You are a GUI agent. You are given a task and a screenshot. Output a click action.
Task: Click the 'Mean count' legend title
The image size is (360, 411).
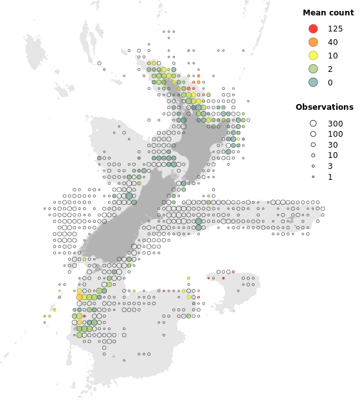click(x=324, y=13)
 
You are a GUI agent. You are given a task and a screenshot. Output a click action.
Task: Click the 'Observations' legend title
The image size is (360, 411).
click(x=324, y=107)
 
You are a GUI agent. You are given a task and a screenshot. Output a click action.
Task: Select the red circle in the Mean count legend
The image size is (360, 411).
click(x=313, y=29)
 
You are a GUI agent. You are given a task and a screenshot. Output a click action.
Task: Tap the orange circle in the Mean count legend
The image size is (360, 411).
click(x=313, y=42)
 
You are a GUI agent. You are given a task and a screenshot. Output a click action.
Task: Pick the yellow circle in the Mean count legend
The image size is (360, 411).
click(x=313, y=55)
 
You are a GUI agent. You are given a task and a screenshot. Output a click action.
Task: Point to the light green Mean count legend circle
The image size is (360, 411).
click(x=313, y=69)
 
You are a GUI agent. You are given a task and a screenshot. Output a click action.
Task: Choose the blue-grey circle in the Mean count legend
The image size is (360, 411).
click(x=313, y=82)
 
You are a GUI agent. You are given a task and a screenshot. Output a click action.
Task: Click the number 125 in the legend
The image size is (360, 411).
click(x=335, y=29)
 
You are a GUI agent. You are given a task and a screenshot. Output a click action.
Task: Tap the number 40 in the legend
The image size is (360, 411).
click(x=332, y=42)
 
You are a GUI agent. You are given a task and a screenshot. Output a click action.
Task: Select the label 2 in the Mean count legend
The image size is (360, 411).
click(x=330, y=69)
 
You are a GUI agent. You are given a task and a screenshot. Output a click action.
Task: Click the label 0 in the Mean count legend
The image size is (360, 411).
click(x=330, y=82)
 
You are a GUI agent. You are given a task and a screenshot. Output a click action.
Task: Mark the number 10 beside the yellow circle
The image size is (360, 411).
click(x=332, y=55)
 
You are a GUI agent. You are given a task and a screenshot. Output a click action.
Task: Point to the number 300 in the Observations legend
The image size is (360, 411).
click(x=335, y=123)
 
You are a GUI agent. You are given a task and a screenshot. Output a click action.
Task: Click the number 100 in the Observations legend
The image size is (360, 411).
click(x=335, y=134)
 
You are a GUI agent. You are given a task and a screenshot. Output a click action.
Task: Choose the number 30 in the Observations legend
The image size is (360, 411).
click(x=332, y=144)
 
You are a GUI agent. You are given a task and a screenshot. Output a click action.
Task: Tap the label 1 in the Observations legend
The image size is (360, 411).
click(x=330, y=177)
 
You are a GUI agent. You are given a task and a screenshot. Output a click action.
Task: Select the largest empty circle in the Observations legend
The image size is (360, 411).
click(x=313, y=123)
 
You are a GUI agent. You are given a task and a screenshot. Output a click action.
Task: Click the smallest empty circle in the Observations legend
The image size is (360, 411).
click(x=313, y=177)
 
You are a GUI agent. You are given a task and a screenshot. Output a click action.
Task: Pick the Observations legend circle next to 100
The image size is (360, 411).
click(x=313, y=134)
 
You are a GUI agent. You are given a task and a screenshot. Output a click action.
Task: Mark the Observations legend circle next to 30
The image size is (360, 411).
click(x=313, y=144)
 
